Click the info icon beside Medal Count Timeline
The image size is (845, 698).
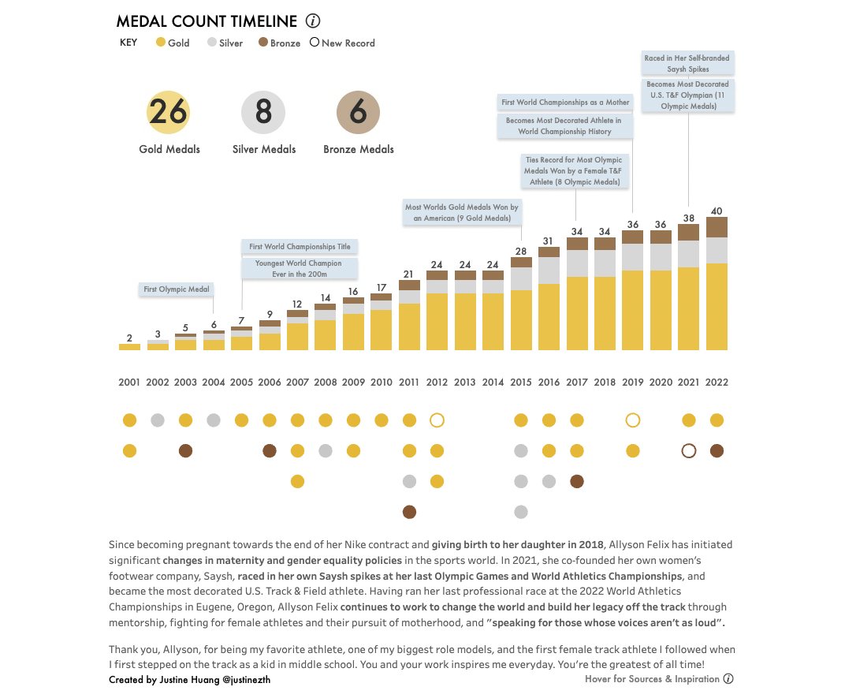(313, 22)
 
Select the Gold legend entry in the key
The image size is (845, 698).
(173, 43)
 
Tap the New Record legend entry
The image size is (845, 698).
(342, 43)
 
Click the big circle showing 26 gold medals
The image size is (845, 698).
(169, 113)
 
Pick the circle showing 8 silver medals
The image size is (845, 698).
(263, 113)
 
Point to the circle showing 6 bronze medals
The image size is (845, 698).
(358, 113)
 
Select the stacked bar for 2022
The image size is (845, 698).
(717, 284)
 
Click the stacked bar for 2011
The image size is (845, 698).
(409, 315)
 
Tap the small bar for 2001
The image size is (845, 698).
(129, 346)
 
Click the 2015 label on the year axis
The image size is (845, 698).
(520, 383)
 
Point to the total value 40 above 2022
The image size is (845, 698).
(717, 211)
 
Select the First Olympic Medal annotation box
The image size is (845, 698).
(177, 289)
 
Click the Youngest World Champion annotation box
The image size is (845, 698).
(298, 268)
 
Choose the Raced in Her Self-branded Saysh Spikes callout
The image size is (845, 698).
(687, 64)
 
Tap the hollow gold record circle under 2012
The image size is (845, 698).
(437, 420)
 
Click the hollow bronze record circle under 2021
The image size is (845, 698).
(688, 451)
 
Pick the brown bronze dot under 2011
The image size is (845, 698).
(409, 512)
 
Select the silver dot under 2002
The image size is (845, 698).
(158, 420)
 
